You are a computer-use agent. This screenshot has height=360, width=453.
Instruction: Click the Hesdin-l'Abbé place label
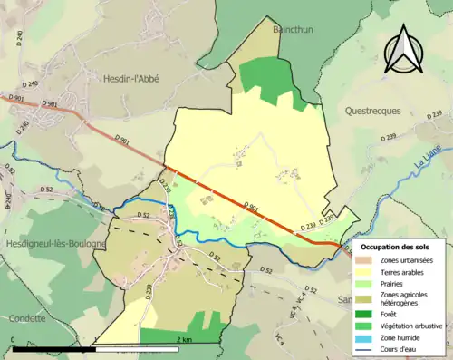(126, 79)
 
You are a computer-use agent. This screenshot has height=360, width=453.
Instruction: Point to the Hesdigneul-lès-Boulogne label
(53, 244)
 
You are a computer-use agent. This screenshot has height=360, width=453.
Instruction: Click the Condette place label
(28, 318)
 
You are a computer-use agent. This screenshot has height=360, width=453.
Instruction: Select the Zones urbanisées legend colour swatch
(361, 260)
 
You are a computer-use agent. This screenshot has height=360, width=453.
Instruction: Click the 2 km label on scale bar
(184, 339)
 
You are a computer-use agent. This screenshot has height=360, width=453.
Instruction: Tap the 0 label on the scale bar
(13, 339)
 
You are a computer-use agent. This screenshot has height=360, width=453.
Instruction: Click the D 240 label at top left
(15, 35)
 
